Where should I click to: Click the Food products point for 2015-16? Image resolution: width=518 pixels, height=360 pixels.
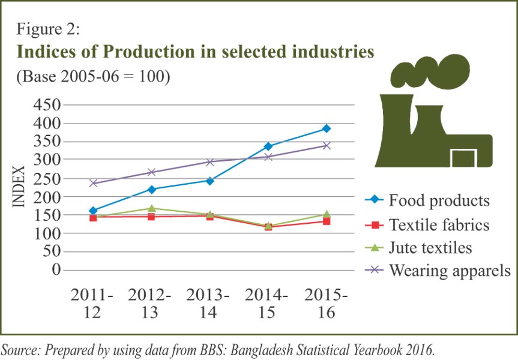[326, 128]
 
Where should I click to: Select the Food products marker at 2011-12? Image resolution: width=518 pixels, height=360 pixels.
[93, 211]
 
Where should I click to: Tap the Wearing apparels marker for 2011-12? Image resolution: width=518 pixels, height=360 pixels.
[93, 183]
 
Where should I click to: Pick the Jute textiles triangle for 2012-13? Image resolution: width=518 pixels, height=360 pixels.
[151, 208]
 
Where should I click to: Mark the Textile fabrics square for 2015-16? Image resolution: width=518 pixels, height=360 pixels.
[326, 221]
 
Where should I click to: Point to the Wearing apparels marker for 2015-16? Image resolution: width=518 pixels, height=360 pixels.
[326, 145]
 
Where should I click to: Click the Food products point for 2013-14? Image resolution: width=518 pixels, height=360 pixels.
[209, 180]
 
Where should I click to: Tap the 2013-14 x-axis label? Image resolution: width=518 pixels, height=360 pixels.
[208, 304]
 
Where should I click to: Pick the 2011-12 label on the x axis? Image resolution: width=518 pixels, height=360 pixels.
[92, 304]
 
